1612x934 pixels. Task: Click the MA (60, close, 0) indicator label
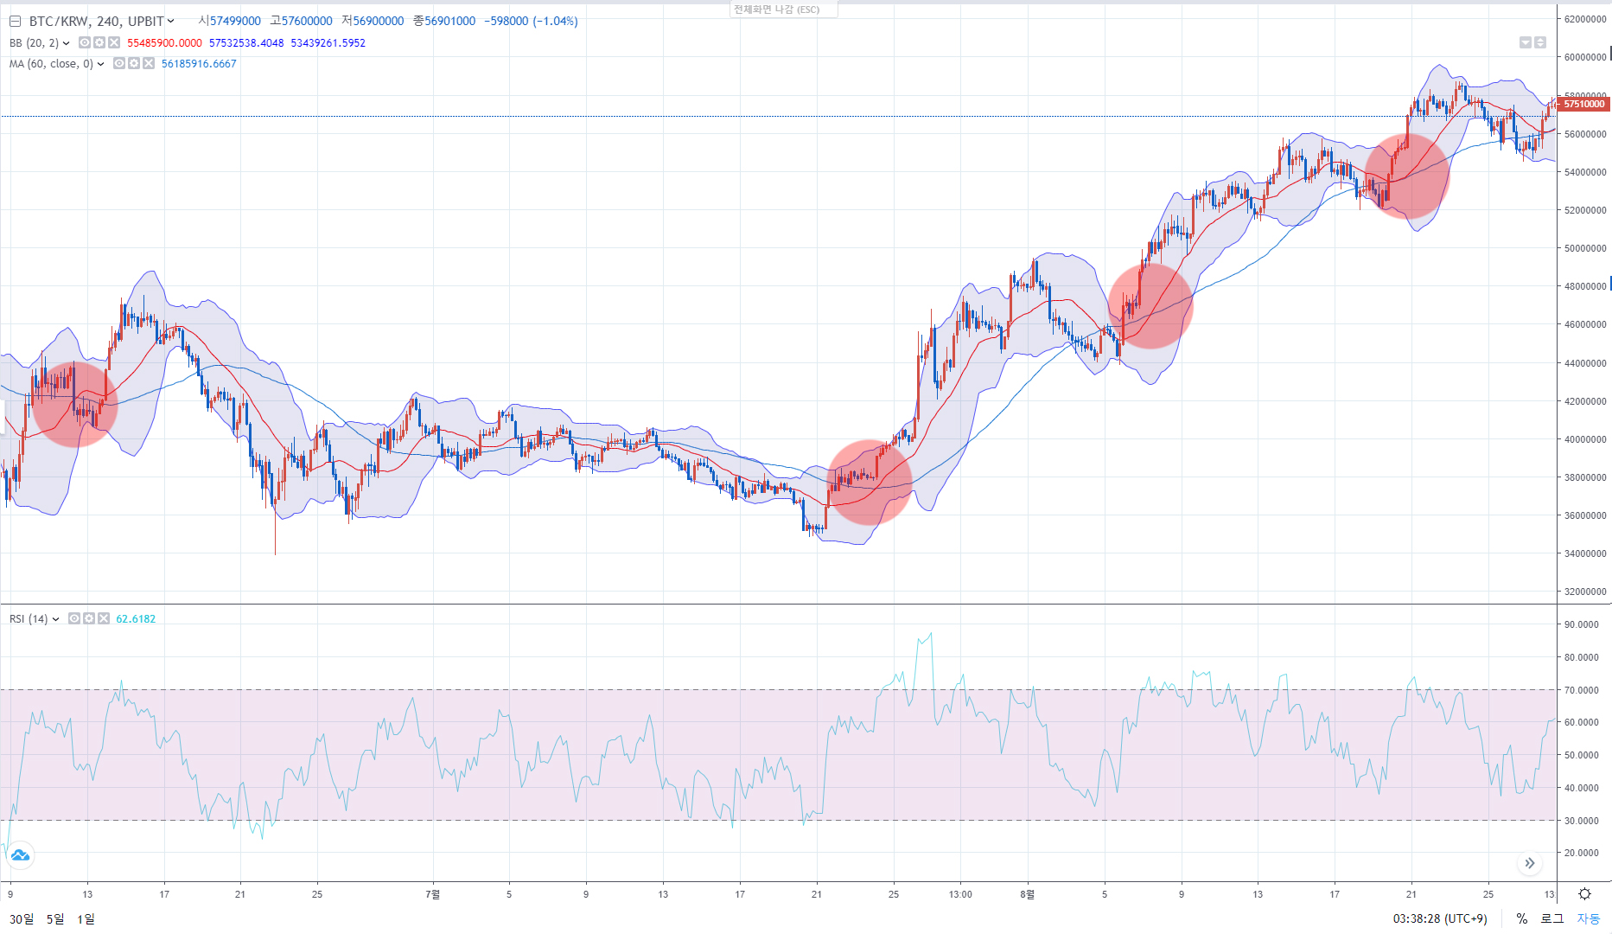[51, 64]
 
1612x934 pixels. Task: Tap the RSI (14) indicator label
[29, 619]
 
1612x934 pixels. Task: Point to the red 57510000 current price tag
[1583, 104]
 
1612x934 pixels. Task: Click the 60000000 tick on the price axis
[1584, 57]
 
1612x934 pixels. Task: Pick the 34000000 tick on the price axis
[1584, 553]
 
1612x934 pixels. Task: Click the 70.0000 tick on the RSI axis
[1581, 690]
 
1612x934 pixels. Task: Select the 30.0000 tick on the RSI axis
[1581, 821]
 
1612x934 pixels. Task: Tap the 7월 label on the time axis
[433, 894]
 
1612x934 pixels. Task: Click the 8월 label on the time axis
[1027, 894]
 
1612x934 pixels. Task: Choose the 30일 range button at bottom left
[22, 918]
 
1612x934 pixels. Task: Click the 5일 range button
[55, 918]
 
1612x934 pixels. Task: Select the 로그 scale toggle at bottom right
[1552, 918]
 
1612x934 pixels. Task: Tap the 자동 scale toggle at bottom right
[1589, 918]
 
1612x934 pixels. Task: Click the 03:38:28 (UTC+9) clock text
[1439, 918]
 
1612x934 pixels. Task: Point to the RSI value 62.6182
[136, 619]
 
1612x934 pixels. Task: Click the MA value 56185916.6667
[199, 64]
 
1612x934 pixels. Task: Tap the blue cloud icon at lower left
[20, 855]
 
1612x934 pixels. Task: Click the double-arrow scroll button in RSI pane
[1530, 863]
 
